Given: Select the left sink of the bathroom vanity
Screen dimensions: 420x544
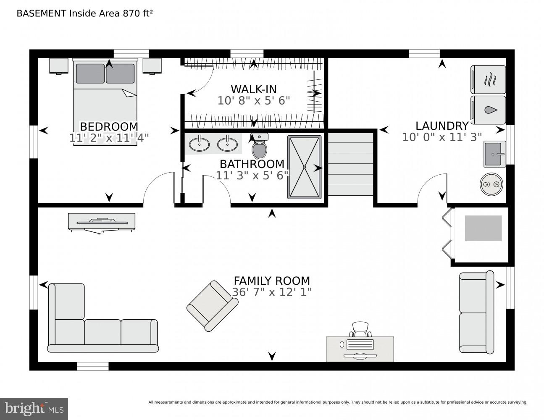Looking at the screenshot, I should click(x=199, y=144).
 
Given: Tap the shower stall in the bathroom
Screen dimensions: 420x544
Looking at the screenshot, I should click(x=305, y=167).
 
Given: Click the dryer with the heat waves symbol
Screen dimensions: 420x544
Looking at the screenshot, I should click(x=488, y=79).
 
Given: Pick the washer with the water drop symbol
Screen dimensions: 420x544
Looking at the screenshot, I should click(x=488, y=110).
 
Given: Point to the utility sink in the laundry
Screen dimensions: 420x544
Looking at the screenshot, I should click(x=494, y=154).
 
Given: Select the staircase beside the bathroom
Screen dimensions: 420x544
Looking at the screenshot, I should click(x=350, y=164).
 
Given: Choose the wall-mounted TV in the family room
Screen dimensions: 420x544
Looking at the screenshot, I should click(x=102, y=221).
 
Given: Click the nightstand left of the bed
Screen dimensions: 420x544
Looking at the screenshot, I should click(x=59, y=66).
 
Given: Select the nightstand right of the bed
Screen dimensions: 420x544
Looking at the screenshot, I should click(x=152, y=66).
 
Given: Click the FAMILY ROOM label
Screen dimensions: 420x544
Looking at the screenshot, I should click(x=272, y=281).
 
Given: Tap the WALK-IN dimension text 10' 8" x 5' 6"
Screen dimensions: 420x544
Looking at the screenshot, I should click(x=254, y=101).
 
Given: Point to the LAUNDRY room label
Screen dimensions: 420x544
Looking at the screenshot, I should click(x=442, y=126).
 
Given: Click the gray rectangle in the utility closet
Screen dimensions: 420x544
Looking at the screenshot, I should click(x=483, y=228).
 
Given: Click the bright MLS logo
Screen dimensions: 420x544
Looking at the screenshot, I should click(x=34, y=409).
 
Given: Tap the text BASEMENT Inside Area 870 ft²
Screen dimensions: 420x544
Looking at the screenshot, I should click(x=84, y=13).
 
